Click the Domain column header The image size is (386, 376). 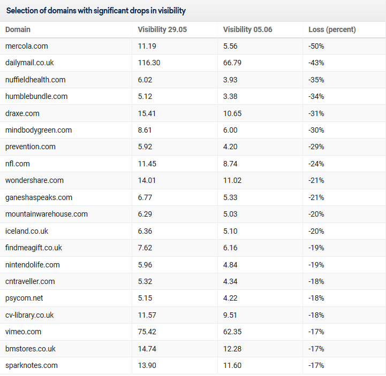pyautogui.click(x=18, y=29)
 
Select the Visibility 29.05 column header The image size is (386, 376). pyautogui.click(x=162, y=29)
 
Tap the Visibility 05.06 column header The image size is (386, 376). pyautogui.click(x=248, y=29)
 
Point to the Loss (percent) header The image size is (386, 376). pyautogui.click(x=332, y=29)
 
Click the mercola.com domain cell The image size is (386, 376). pyautogui.click(x=27, y=46)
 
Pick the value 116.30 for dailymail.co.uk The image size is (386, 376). pyautogui.click(x=149, y=63)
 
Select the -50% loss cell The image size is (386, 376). pyautogui.click(x=316, y=46)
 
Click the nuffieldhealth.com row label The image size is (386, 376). pyautogui.click(x=35, y=80)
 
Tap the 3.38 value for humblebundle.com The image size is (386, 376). pyautogui.click(x=230, y=96)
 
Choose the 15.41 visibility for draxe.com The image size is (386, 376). pyautogui.click(x=147, y=113)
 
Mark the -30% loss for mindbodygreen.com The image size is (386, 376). pyautogui.click(x=316, y=130)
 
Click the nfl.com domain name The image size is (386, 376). pyautogui.click(x=18, y=164)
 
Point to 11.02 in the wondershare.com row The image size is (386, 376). pyautogui.click(x=232, y=180)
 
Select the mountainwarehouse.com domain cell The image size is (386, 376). pyautogui.click(x=47, y=214)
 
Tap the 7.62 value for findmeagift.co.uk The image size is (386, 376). pyautogui.click(x=145, y=248)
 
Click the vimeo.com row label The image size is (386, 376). pyautogui.click(x=23, y=332)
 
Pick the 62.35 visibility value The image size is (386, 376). pyautogui.click(x=232, y=332)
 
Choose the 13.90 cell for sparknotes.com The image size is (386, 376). pyautogui.click(x=147, y=365)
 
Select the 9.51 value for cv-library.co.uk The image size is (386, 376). pyautogui.click(x=230, y=315)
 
